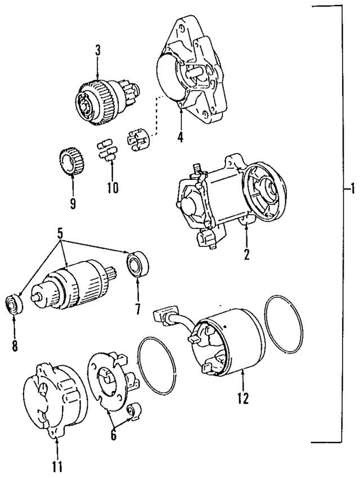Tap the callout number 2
tap(246, 254)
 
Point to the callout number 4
tap(181, 136)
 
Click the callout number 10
tap(112, 187)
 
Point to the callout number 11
tap(57, 466)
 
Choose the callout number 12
tap(243, 398)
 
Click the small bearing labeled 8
tap(14, 304)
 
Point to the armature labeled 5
tap(74, 287)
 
